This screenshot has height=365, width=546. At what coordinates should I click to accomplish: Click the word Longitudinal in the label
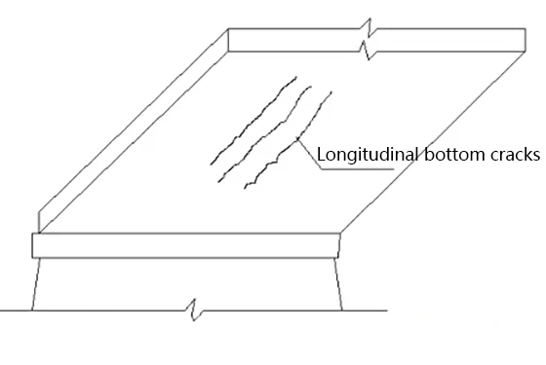pos(357,154)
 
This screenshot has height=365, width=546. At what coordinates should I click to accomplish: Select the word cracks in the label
pos(508,154)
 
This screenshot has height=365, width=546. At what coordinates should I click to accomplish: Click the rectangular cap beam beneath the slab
pos(185,243)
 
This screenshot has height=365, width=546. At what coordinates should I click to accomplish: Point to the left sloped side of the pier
pos(36,282)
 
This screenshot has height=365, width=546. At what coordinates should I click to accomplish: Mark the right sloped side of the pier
pos(339,282)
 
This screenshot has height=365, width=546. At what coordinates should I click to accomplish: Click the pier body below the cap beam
pos(185,282)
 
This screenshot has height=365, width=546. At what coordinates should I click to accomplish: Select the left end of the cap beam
pos(35,243)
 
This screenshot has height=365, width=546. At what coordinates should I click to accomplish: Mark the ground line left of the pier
pos(15,311)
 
